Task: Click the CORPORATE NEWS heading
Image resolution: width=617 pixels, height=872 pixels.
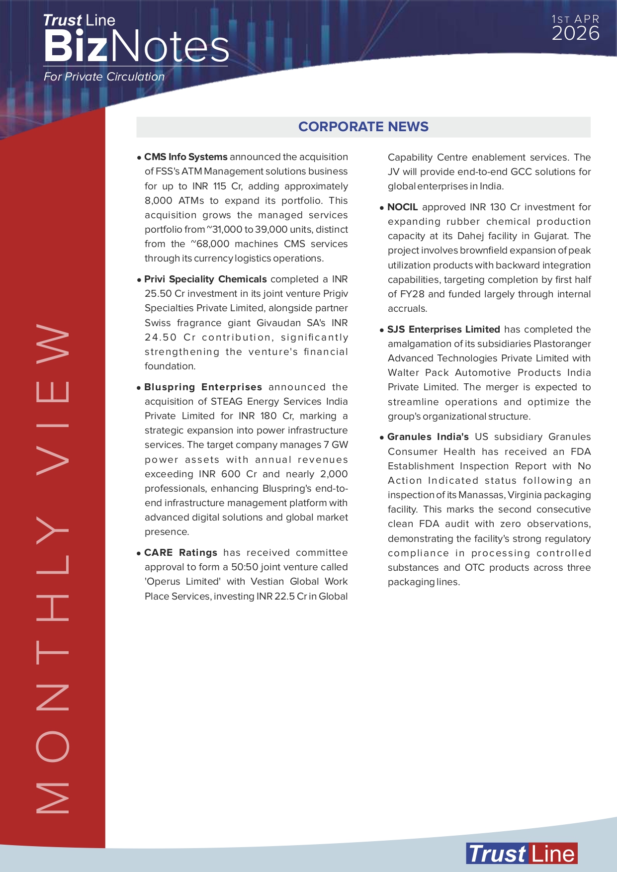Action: point(363,127)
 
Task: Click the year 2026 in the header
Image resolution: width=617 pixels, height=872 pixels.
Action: point(575,34)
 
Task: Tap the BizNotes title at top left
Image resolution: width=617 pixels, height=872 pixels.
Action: point(136,47)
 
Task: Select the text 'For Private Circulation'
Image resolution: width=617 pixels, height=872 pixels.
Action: point(104,77)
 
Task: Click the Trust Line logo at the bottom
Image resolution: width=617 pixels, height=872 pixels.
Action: point(522,854)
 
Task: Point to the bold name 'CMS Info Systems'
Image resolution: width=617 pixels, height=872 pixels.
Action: point(185,157)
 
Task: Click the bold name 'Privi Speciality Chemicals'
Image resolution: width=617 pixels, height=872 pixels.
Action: point(205,279)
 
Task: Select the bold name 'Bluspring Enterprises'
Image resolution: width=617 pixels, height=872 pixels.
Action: point(203,387)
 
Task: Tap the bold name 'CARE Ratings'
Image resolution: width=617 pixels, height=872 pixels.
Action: point(180,553)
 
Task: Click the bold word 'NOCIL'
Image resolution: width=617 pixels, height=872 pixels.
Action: point(402,207)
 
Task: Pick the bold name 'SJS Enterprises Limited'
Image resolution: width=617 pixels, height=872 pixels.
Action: point(443,330)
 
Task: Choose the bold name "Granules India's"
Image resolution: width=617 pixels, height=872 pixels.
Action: point(428,437)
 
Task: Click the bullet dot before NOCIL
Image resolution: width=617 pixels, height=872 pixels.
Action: point(382,208)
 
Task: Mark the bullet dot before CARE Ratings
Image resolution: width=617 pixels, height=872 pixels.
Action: point(139,553)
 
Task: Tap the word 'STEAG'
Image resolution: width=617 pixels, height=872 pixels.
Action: point(227,402)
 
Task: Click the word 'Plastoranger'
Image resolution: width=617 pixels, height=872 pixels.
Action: point(562,344)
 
